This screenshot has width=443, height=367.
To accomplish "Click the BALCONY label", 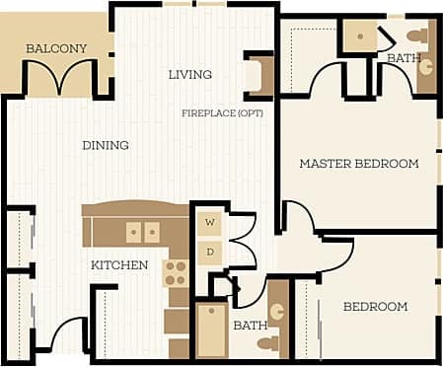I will (x=56, y=48).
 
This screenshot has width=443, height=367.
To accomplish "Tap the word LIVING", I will (x=190, y=74).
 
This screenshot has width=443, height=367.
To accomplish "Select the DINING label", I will (x=105, y=145).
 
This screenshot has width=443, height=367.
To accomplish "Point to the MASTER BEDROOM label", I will (x=358, y=163).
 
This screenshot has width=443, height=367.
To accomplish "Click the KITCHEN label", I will (x=119, y=265).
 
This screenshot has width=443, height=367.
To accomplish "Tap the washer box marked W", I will (x=209, y=223).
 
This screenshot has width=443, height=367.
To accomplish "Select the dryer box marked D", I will (x=209, y=251).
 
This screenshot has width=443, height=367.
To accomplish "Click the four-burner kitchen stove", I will (x=176, y=271).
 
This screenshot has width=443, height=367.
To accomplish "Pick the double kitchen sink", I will (x=142, y=232).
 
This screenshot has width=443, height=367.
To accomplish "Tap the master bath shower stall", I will (x=360, y=37).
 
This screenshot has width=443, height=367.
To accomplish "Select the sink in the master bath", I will (x=426, y=74).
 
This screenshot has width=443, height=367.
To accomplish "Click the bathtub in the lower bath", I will (x=211, y=330).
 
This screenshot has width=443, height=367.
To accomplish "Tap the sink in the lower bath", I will (x=278, y=311).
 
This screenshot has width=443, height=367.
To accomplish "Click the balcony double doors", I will (x=62, y=78).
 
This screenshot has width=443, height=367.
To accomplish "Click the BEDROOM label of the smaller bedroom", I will (x=375, y=307).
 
